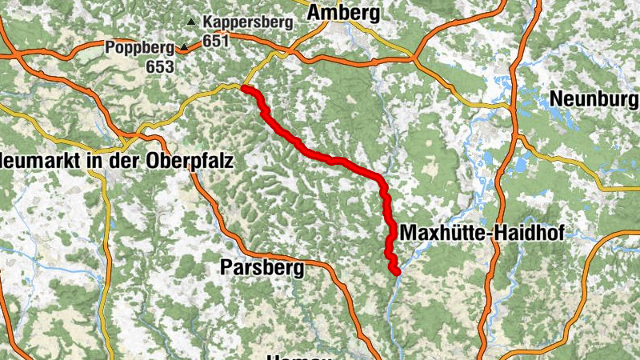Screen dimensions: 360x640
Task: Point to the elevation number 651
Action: [x=216, y=40]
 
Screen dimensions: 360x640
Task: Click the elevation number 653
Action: [x=160, y=66]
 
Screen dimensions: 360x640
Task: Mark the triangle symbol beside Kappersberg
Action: [x=190, y=22]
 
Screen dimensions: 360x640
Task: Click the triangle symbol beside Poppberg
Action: [x=184, y=49]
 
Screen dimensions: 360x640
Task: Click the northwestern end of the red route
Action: [x=243, y=89]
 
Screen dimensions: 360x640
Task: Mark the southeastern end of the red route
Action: [x=396, y=273]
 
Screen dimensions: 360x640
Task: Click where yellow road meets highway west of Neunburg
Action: [x=513, y=105]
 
